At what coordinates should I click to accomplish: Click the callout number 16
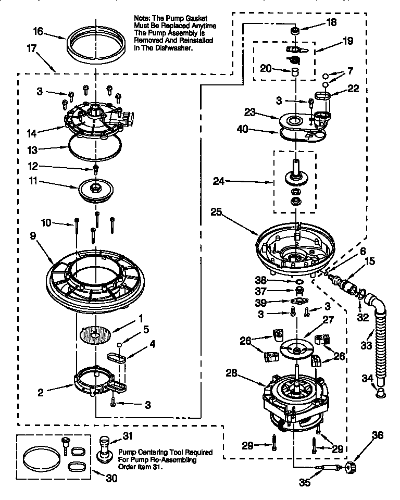click(x=38, y=32)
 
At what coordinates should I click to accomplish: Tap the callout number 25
click(x=217, y=212)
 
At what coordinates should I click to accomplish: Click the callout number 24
click(x=218, y=181)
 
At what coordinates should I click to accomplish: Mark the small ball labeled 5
click(x=120, y=344)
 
